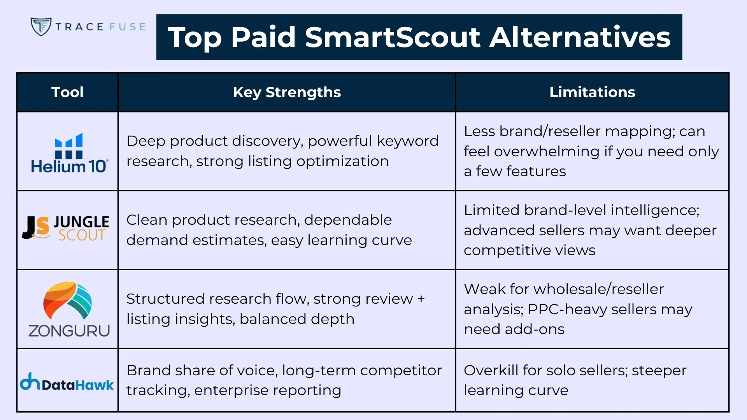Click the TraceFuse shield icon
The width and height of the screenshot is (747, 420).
[x=41, y=26]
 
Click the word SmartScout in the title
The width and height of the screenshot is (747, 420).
[x=393, y=37]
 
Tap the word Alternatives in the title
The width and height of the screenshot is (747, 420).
[x=580, y=37]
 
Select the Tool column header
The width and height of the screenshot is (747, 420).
[x=67, y=92]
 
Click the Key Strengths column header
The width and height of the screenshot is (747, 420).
[x=287, y=92]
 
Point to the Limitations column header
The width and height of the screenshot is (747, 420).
[x=592, y=92]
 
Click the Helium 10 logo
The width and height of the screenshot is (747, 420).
[x=69, y=153]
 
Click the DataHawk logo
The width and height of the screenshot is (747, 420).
[x=67, y=383]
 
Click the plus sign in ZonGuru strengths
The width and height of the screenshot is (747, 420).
[x=421, y=299]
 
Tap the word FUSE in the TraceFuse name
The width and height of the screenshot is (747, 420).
[x=127, y=27]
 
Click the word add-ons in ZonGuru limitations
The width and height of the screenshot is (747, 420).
[x=534, y=329]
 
